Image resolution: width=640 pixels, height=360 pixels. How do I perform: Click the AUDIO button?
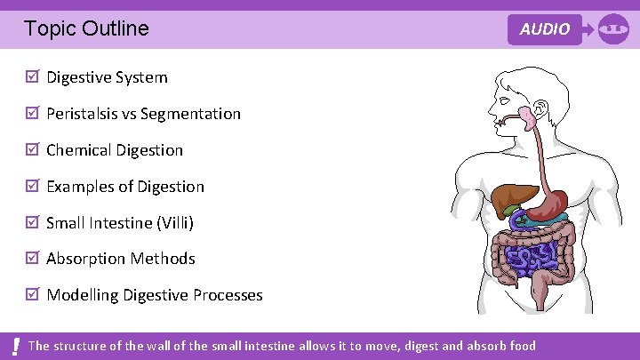click(545, 29)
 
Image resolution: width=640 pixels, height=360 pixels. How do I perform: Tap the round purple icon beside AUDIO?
click(613, 28)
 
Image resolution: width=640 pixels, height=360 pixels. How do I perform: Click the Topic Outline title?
click(87, 28)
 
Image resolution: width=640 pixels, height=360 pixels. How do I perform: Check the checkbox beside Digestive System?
click(33, 77)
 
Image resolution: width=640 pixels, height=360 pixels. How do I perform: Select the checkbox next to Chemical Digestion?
click(33, 150)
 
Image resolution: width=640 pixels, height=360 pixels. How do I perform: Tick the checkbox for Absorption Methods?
click(33, 259)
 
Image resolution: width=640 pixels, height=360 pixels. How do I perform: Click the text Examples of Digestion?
click(125, 187)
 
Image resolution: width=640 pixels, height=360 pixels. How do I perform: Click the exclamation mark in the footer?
click(16, 346)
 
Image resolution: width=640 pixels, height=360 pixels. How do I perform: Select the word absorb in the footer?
click(488, 346)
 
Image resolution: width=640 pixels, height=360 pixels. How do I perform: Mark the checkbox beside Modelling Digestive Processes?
click(33, 295)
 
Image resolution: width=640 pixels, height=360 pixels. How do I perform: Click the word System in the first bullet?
click(142, 77)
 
